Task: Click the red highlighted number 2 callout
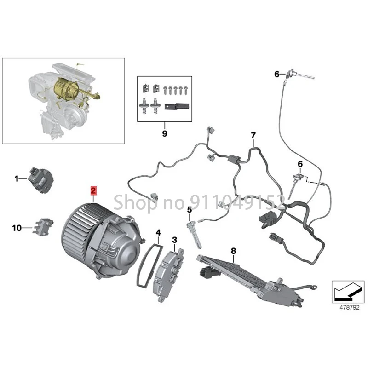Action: tap(93, 190)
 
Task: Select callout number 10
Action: tap(17, 227)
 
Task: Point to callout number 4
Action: tap(158, 233)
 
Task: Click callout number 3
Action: tap(174, 240)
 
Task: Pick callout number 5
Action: tap(189, 209)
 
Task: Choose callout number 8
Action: tap(233, 251)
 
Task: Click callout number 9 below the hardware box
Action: tap(164, 134)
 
